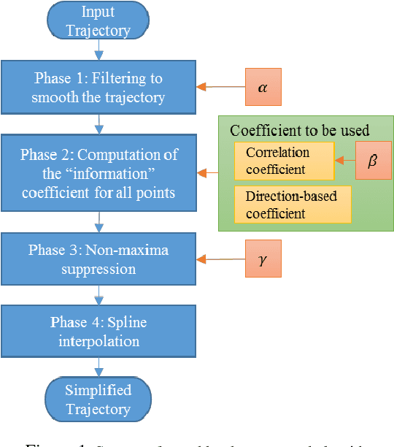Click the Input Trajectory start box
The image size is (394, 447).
98,20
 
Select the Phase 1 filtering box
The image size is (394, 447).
98,88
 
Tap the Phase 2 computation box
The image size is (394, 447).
98,173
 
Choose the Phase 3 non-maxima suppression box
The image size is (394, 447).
98,259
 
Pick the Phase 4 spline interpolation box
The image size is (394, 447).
98,332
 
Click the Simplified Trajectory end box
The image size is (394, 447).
98,399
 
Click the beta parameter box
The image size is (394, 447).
372,160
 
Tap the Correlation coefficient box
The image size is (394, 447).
284,161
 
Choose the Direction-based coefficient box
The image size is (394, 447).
293,204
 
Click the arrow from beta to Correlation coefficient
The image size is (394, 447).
344,161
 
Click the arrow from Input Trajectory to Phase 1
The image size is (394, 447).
98,50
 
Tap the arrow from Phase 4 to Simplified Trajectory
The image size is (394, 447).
98,367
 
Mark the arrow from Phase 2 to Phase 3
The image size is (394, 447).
98,221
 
